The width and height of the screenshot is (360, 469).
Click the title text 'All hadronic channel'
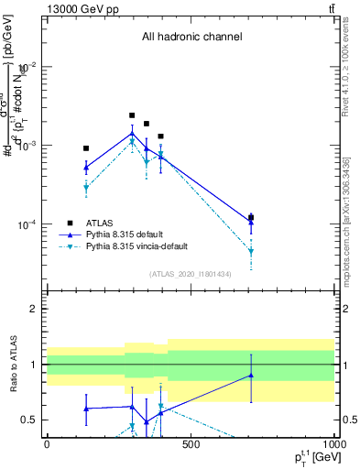tap(191, 38)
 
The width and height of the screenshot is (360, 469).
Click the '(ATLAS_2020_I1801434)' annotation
tap(191, 274)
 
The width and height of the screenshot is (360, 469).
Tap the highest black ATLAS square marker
tap(132, 115)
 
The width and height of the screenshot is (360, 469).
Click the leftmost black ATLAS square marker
tap(86, 147)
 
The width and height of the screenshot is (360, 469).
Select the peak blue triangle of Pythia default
tap(132, 134)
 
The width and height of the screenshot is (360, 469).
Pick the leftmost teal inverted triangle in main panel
tap(86, 188)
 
